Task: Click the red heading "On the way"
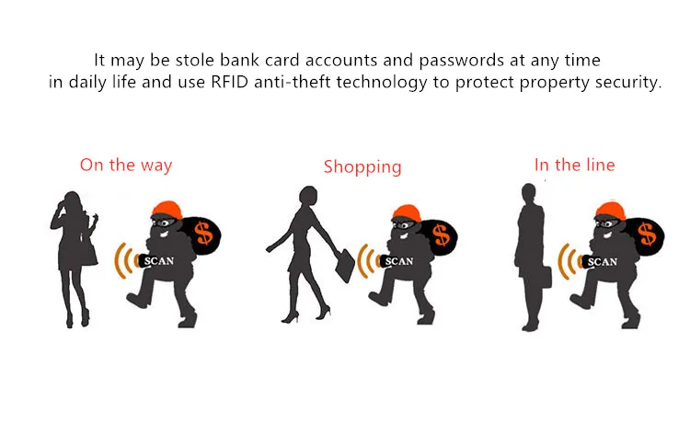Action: point(126,166)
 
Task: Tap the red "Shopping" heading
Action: point(362,167)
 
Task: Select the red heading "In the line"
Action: point(575,166)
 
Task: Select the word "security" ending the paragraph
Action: point(628,83)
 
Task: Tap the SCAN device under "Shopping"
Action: point(397,260)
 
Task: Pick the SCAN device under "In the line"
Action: point(602,261)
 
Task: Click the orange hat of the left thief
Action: point(167,210)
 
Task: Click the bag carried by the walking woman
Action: point(344,266)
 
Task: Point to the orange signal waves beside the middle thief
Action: point(365,261)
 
